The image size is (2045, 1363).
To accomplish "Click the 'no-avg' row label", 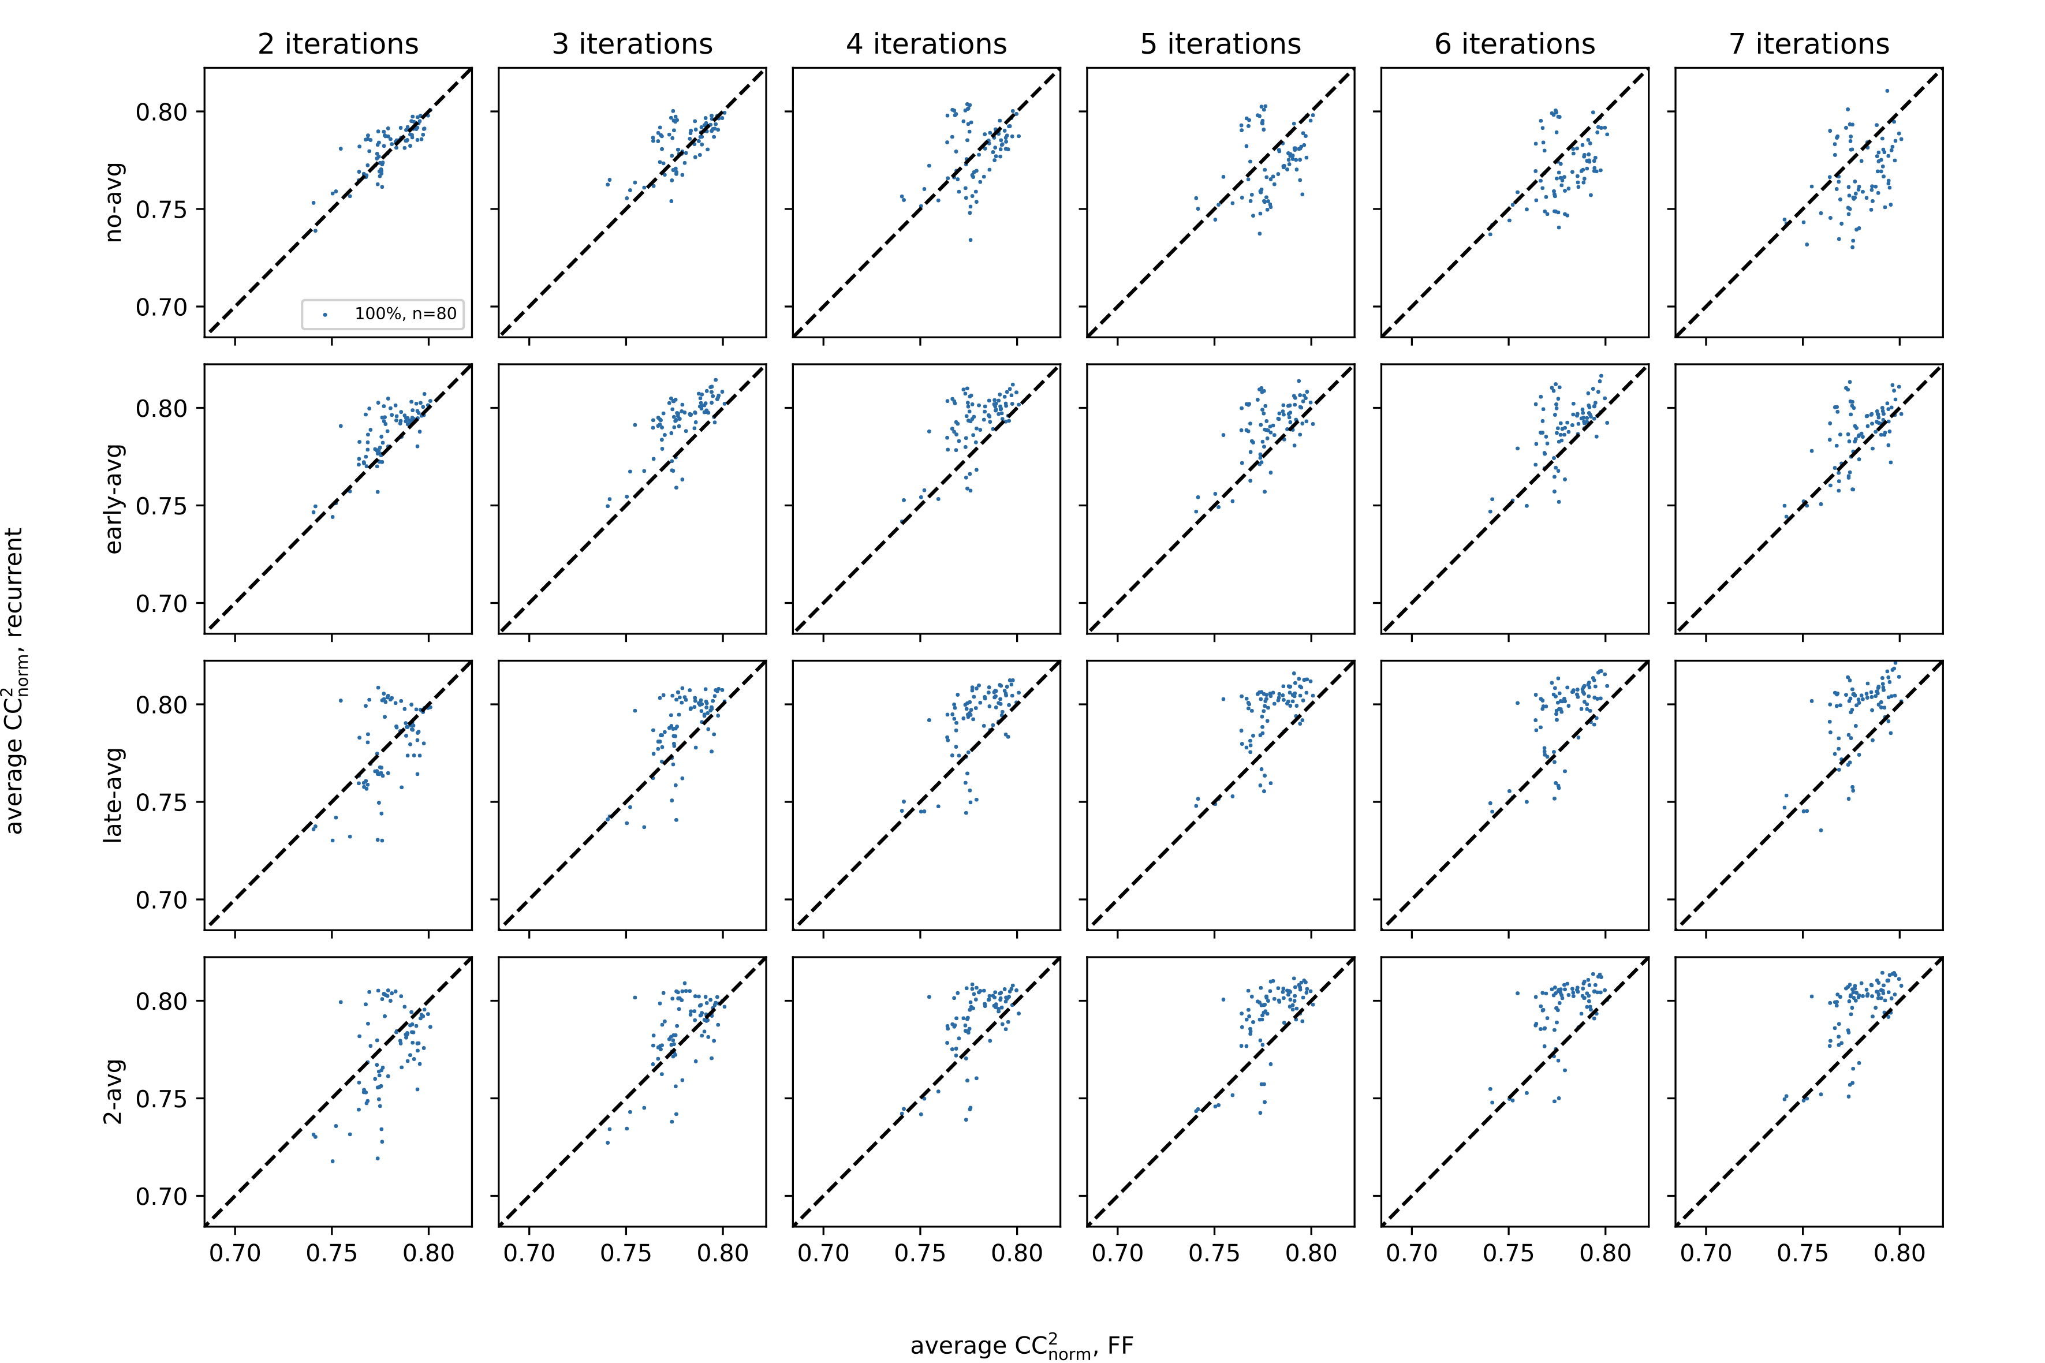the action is [114, 201].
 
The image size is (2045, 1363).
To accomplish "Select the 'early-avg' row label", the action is [114, 498].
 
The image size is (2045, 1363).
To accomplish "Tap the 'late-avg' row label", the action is [114, 794].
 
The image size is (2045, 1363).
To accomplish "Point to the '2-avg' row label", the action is [114, 1091].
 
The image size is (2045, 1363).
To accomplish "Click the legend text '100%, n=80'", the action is [405, 314].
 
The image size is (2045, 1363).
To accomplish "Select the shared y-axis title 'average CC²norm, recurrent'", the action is [16, 681].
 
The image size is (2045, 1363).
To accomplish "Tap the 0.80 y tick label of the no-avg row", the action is [162, 112].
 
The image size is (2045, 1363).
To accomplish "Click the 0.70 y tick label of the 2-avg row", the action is [162, 1196].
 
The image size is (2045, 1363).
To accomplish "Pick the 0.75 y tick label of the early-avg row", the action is [162, 506].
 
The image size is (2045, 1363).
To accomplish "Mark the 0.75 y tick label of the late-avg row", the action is [162, 802].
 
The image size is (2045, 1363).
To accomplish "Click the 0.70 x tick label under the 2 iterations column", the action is [234, 1253].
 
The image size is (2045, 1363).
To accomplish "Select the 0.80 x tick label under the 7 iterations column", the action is [1900, 1253].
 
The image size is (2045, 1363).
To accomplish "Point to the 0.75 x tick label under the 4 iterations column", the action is [920, 1253].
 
